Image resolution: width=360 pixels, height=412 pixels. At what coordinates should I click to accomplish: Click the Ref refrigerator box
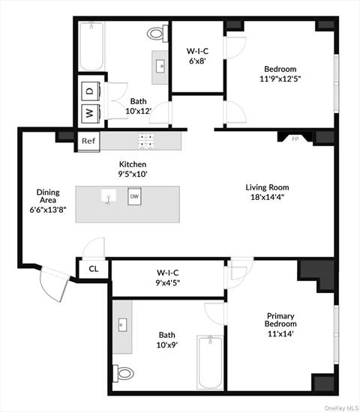point(88,141)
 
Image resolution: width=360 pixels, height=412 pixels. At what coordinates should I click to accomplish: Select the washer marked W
point(89,114)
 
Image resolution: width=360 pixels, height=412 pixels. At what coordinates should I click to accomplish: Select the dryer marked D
point(89,91)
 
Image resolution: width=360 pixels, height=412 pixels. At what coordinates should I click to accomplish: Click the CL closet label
point(93,268)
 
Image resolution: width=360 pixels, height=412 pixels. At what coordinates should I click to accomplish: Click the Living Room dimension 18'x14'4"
point(267,198)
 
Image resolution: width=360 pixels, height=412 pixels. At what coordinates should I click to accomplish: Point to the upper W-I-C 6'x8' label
point(197,57)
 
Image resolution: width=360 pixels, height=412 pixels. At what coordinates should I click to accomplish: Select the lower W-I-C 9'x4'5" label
point(168,277)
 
